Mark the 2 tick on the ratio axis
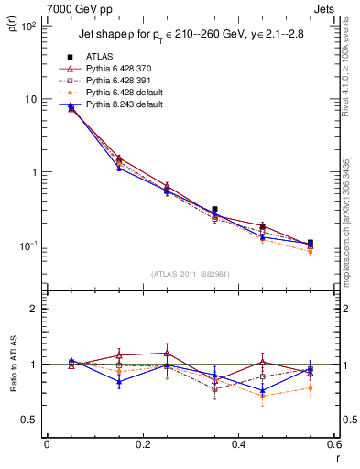click(34, 309)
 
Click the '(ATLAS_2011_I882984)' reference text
click(190, 274)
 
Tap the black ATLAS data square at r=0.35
click(214, 210)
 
